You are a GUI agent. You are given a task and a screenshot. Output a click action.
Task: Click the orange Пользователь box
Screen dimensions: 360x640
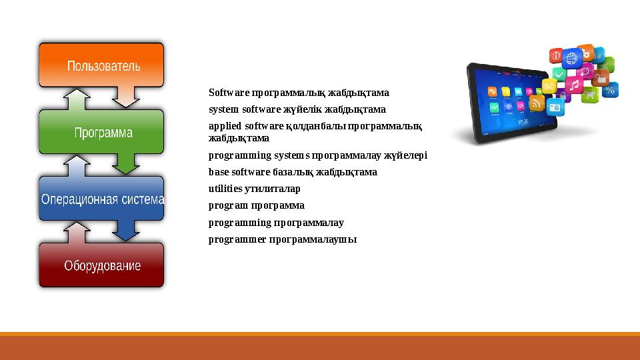101,65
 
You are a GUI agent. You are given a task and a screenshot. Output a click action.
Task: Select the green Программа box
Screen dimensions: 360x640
101,132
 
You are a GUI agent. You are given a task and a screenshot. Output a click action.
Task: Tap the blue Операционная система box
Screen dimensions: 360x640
101,199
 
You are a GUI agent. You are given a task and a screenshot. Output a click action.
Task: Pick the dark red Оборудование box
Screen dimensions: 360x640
101,265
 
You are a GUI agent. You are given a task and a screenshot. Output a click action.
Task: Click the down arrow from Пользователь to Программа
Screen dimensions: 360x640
125,97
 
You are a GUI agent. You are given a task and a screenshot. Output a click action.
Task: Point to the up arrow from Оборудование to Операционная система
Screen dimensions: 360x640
78,231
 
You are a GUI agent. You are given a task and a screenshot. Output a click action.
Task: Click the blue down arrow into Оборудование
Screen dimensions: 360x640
125,230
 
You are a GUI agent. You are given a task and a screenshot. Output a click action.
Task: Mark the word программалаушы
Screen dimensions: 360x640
313,239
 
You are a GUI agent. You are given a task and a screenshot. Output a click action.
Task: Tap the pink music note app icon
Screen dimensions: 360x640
573,85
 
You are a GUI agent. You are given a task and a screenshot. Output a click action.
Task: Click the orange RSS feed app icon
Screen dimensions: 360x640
537,103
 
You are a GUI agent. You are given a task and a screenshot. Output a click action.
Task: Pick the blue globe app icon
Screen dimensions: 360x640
571,59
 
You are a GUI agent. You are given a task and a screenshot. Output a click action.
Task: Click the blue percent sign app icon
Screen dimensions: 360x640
610,89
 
